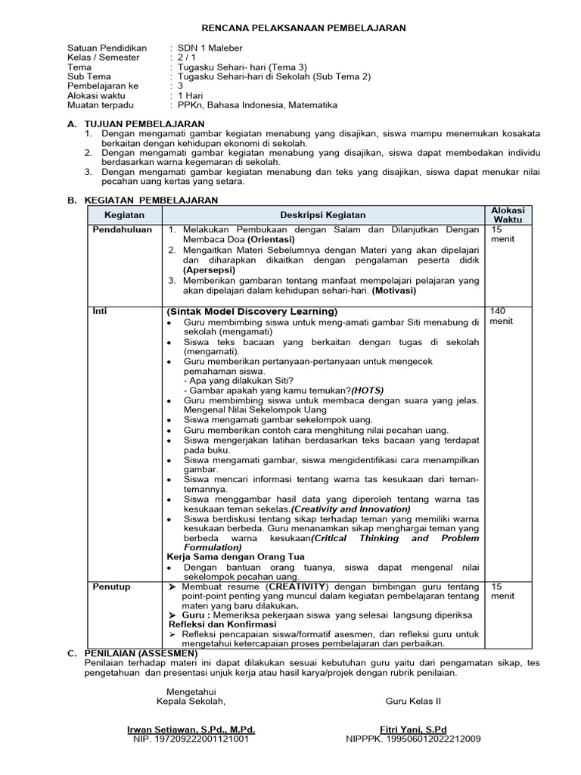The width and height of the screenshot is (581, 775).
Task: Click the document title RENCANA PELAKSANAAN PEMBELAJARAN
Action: [291, 28]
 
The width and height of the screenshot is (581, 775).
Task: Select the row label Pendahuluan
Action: [123, 229]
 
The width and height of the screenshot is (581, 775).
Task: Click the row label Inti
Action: [99, 311]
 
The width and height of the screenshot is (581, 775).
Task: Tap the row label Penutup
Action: [111, 587]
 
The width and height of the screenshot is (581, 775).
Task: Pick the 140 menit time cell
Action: [501, 316]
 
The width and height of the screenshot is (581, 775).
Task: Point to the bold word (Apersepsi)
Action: [209, 269]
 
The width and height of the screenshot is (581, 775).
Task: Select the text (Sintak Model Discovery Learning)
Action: [252, 311]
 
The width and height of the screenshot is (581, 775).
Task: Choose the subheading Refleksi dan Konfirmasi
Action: [222, 624]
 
